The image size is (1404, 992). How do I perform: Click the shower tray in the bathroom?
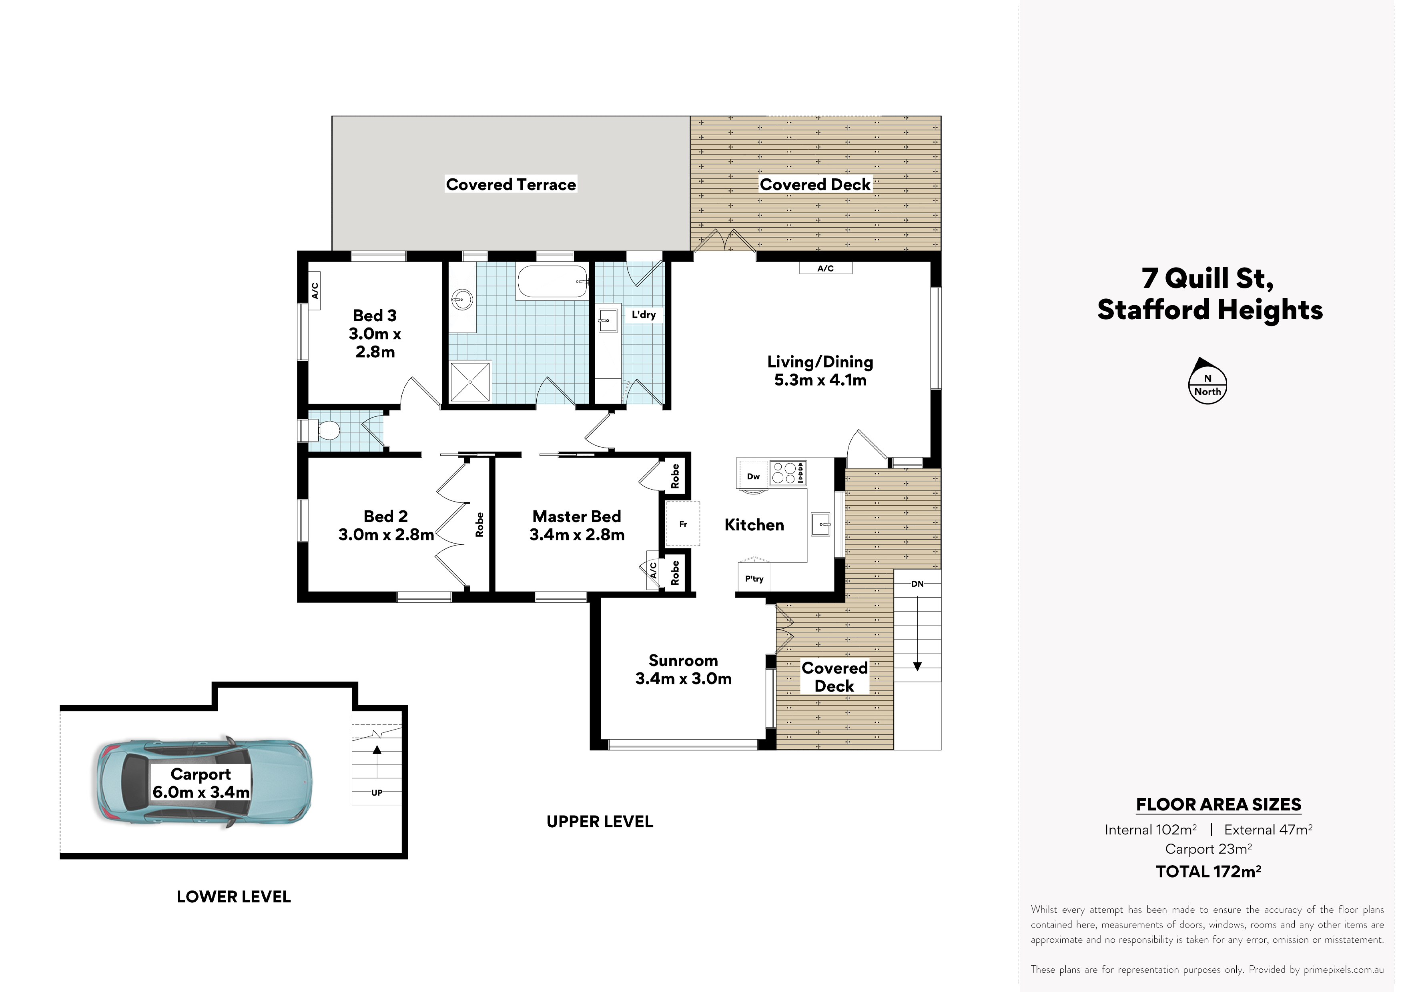tap(470, 381)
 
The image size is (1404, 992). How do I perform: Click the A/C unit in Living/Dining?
tap(826, 268)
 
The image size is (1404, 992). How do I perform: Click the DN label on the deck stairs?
tap(917, 584)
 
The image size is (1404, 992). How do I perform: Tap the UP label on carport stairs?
tap(377, 793)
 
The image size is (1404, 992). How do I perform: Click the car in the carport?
tap(204, 782)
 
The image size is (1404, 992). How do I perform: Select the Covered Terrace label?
tap(511, 184)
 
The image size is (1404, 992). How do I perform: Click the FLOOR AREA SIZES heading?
tap(1218, 804)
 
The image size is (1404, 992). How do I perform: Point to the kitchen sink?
tap(820, 524)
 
